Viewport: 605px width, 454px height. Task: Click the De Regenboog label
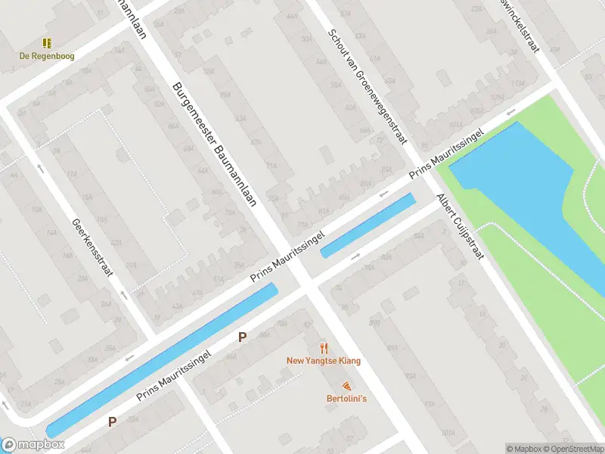[47, 56]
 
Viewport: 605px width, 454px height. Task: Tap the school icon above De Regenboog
[47, 44]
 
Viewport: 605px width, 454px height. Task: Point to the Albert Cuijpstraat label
[459, 226]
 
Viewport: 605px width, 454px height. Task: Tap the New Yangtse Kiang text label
[324, 361]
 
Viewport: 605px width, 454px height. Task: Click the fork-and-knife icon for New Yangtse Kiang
[324, 348]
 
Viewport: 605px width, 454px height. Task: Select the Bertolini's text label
[346, 399]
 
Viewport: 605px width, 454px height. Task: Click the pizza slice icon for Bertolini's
[346, 386]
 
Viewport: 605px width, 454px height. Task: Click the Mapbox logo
[33, 445]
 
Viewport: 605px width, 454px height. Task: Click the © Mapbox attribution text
[524, 449]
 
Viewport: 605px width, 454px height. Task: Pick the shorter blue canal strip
[368, 225]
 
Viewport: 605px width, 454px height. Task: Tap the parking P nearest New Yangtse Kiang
[242, 337]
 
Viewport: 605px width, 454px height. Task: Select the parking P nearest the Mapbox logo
[112, 422]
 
